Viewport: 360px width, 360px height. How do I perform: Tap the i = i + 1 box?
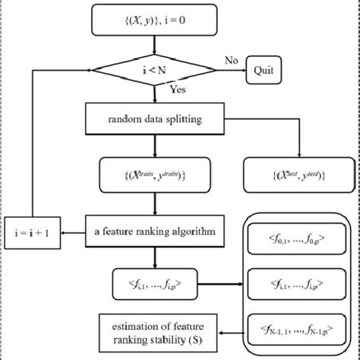[32, 228]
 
